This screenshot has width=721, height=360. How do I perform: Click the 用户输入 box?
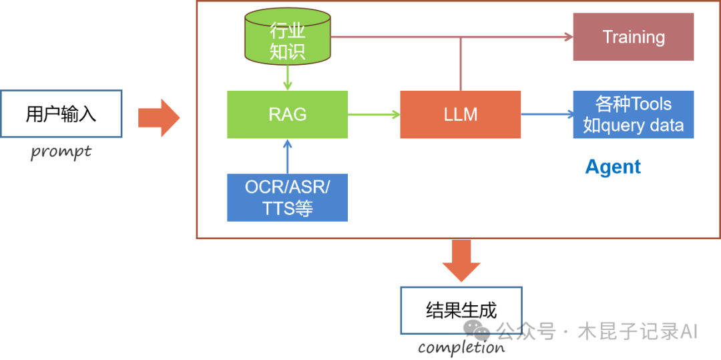pos(61,114)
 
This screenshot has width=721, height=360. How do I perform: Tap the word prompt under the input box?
pos(61,152)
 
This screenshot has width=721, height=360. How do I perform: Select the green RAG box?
pos(287,114)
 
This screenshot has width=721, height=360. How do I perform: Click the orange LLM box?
pos(460,114)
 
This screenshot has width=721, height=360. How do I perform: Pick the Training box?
pos(633,37)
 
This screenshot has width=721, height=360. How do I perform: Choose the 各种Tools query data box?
pos(633,114)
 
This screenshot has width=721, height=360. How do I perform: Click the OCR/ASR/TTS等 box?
pos(287,197)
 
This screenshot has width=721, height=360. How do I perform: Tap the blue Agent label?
pos(612,167)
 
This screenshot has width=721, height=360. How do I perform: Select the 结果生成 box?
pos(461,310)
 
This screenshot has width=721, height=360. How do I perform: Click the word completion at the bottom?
pos(461,347)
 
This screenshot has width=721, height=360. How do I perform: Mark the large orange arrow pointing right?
pos(159,118)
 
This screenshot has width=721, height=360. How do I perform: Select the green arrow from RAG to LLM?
pos(374,114)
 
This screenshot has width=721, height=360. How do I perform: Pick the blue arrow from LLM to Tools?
pos(547,114)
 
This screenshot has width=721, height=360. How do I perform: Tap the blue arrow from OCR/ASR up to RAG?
pos(287,156)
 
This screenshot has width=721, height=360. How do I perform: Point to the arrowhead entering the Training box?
pos(568,37)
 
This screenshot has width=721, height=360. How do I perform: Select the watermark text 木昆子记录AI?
pos(638,331)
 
